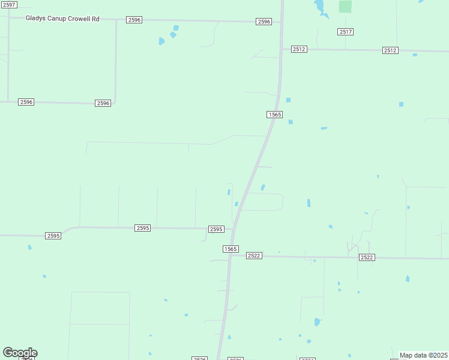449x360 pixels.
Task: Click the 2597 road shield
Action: coord(8,5)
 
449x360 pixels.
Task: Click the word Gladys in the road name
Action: coord(36,19)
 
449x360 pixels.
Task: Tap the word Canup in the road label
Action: coord(59,19)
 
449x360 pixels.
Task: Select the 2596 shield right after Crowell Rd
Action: coord(134,20)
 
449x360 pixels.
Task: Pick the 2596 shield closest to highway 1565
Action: coord(264,22)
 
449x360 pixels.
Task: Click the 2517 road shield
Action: coord(345,31)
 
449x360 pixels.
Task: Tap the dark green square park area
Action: coord(345,7)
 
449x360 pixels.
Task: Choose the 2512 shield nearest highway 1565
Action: coord(299,49)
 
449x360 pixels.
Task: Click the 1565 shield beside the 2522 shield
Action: coord(231,248)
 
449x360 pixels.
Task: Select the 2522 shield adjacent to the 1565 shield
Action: coord(253,256)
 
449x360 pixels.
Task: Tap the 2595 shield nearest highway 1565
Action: coord(216,229)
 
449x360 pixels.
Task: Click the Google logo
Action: coord(20,353)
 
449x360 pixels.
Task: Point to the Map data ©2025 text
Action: coord(423,355)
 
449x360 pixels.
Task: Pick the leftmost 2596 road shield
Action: coord(26,102)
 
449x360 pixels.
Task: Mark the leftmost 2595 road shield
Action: coord(53,236)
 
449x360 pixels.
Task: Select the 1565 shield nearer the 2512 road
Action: coord(274,114)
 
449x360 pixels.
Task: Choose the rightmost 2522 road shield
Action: coord(367,257)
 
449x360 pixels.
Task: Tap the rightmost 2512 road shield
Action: coord(390,50)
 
